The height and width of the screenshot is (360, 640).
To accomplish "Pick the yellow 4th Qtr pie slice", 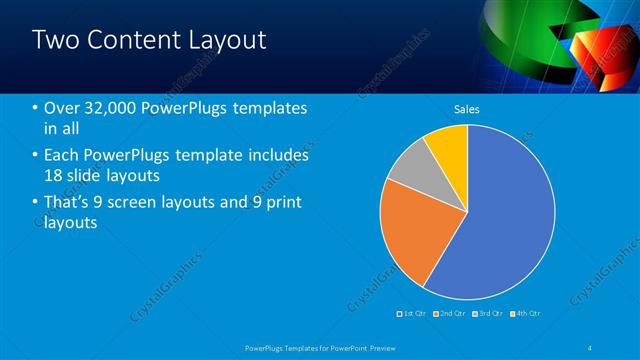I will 447,146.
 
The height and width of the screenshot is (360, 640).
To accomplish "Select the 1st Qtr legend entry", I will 413,314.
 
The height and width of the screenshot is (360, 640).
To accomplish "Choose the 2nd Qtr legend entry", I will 447,314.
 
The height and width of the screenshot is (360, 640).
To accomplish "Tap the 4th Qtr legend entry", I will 522,314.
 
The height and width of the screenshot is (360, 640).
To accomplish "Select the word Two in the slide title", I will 56,40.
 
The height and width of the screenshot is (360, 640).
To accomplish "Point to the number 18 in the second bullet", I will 54,176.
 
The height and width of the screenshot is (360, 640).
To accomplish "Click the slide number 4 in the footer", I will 591,347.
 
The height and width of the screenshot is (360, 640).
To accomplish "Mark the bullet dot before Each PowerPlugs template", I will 36,156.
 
